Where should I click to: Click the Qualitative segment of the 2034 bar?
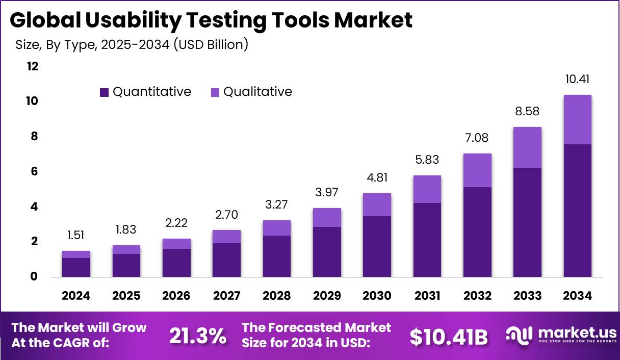click(x=578, y=120)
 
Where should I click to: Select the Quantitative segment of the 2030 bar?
click(x=377, y=246)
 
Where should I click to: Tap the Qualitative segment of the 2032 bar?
click(x=477, y=170)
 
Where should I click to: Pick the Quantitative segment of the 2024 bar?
click(x=76, y=267)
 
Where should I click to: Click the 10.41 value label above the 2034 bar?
click(x=578, y=79)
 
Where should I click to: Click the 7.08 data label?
click(x=477, y=138)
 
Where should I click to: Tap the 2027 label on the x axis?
click(x=227, y=296)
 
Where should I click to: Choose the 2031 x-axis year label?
click(x=427, y=296)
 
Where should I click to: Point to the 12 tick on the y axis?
click(x=32, y=66)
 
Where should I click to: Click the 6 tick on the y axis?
click(x=35, y=172)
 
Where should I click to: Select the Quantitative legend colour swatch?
click(x=105, y=92)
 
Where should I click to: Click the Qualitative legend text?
click(x=257, y=92)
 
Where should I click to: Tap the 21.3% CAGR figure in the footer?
click(x=197, y=336)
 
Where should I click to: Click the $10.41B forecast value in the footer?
click(x=449, y=337)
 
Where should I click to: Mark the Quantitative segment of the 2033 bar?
click(x=527, y=222)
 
